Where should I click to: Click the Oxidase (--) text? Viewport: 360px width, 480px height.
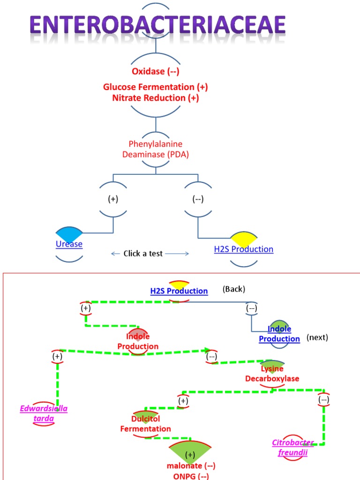coord(155,72)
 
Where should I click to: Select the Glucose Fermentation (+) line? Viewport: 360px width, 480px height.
coord(155,87)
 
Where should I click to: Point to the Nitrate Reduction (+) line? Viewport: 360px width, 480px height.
coord(155,98)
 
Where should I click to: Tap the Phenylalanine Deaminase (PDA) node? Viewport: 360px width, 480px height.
coord(155,149)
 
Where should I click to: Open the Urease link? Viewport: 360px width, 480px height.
coord(69,244)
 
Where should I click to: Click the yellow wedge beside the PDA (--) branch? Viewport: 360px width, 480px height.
coord(243,239)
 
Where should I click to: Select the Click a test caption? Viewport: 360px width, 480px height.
coord(143,254)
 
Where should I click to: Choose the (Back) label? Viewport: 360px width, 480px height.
coord(233,289)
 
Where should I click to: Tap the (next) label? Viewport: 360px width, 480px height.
coord(317,337)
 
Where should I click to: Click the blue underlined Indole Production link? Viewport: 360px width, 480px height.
coord(279,334)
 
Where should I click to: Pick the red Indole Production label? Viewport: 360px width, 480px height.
coord(138,342)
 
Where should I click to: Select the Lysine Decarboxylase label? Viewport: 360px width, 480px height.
coord(272,374)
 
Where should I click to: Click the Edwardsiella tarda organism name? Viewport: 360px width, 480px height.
coord(44,413)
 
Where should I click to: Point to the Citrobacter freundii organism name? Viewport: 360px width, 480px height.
coord(293,448)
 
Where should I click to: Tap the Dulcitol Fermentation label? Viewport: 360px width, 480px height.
coord(145,424)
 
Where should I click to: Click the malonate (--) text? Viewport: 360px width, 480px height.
coord(190,466)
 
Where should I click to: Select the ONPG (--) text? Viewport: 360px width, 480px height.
coord(190,475)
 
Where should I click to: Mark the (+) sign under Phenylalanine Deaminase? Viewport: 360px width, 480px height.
coord(113,199)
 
